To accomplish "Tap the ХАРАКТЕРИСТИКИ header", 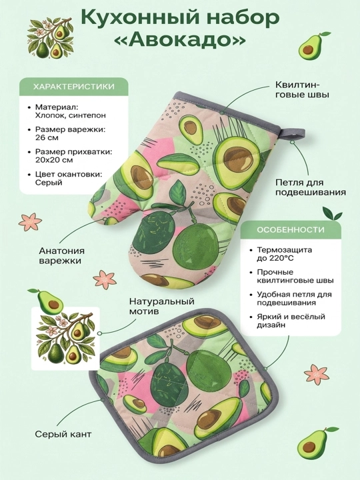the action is coord(73,87).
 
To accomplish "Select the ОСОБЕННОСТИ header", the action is coord(291,229).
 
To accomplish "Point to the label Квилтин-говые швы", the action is coord(302,89).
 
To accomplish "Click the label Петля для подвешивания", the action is coord(311,187).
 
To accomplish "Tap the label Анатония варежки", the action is coord(61,255).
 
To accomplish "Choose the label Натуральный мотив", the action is coord(161,306).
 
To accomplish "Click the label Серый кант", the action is coord(63,434).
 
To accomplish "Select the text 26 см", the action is coord(47,137).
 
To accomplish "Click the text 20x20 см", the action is coord(54,160).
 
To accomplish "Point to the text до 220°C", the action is coord(275,258).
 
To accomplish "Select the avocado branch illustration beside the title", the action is coord(50,37).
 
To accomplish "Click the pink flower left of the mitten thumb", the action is coord(30,221).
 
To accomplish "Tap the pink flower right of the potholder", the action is coord(317,375).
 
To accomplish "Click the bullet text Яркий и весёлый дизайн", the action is coord(291,321).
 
